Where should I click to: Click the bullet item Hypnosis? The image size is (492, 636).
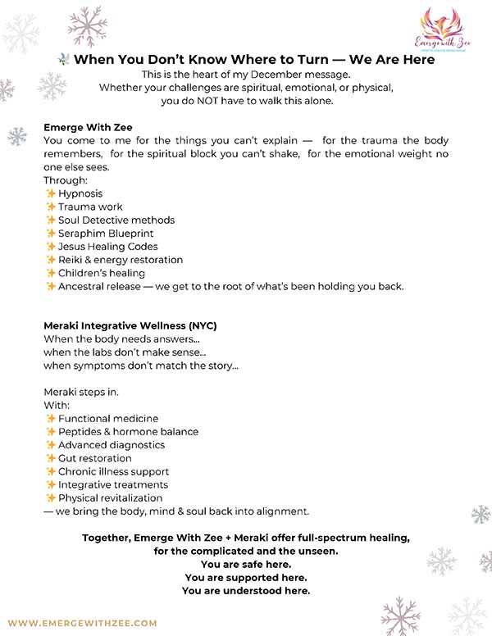pos(80,193)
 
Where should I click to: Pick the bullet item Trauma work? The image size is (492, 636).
pos(90,207)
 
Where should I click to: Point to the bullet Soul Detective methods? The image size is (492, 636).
pos(116,220)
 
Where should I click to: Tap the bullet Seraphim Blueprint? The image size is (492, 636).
pos(106,233)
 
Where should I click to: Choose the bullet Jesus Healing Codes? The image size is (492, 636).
pos(108,247)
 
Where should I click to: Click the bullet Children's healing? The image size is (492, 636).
pos(102,273)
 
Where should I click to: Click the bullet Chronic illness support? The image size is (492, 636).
pos(113,471)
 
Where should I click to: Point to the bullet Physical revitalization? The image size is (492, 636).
pos(110,497)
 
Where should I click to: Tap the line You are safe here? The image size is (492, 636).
pos(245,565)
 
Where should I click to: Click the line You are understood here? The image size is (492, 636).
pos(245,591)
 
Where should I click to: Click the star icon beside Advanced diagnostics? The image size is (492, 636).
pos(51,445)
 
